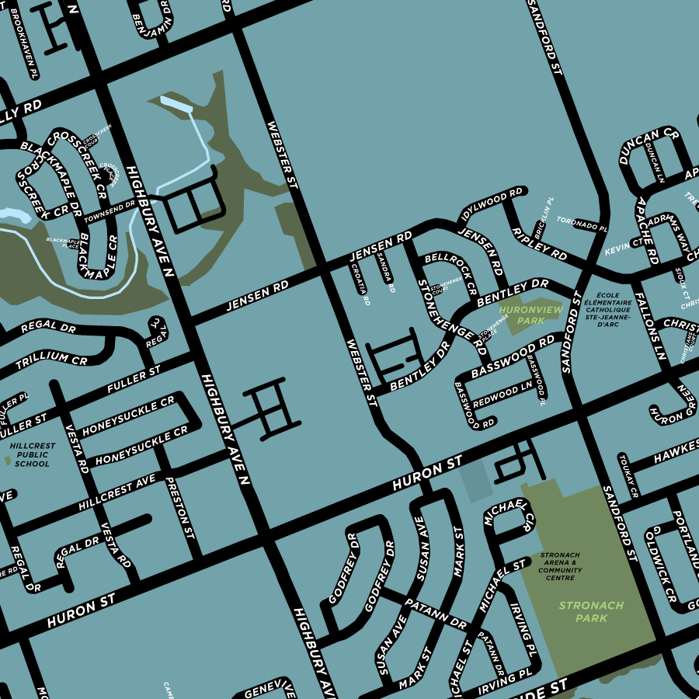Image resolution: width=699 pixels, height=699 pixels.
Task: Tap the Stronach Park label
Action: [x=590, y=611]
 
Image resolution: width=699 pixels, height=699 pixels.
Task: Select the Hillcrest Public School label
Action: [x=32, y=454]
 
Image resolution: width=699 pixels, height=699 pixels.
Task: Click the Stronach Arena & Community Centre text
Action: [x=560, y=567]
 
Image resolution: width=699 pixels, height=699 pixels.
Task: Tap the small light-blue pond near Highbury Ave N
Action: [x=175, y=103]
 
